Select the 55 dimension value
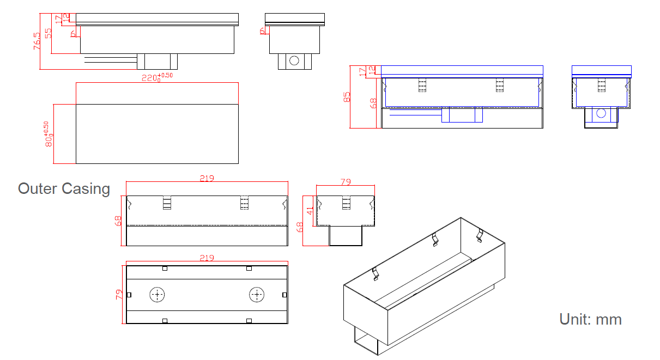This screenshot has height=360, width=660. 48,33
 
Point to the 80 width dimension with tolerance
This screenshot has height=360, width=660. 48,134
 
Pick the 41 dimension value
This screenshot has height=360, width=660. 311,210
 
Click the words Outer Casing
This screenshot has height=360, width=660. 64,189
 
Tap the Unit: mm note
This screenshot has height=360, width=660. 590,319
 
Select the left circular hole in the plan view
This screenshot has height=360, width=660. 158,295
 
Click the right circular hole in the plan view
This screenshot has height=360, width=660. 257,295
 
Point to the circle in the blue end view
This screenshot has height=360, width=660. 601,114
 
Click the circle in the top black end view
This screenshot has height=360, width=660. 294,60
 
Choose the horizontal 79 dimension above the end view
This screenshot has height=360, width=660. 346,182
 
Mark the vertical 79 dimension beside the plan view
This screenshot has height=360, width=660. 119,295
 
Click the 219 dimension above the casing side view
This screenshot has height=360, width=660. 207,178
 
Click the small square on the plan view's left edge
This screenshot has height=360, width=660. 129,295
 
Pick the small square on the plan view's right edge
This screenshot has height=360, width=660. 284,295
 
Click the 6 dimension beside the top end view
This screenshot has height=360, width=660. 262,31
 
